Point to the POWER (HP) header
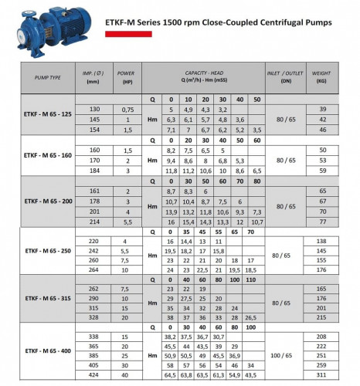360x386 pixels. tap(125, 78)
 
